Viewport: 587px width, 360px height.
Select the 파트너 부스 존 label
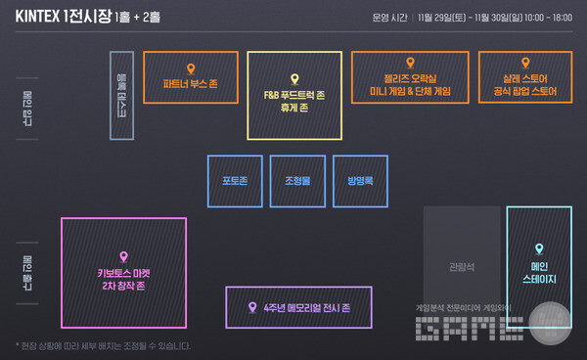(x=191, y=84)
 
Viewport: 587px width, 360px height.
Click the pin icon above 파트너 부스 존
(x=191, y=67)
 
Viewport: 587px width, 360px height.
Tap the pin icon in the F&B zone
(x=294, y=78)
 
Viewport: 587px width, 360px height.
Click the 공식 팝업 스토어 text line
(x=524, y=91)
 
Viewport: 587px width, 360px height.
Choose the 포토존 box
(x=235, y=181)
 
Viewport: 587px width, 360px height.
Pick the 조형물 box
(x=297, y=181)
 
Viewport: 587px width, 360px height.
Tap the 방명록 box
(x=360, y=181)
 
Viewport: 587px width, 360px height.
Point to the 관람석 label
(x=462, y=265)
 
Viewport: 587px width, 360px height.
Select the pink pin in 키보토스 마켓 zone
(x=123, y=256)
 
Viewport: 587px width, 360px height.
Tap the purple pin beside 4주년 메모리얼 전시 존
(x=252, y=307)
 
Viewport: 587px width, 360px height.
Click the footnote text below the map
(x=102, y=345)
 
